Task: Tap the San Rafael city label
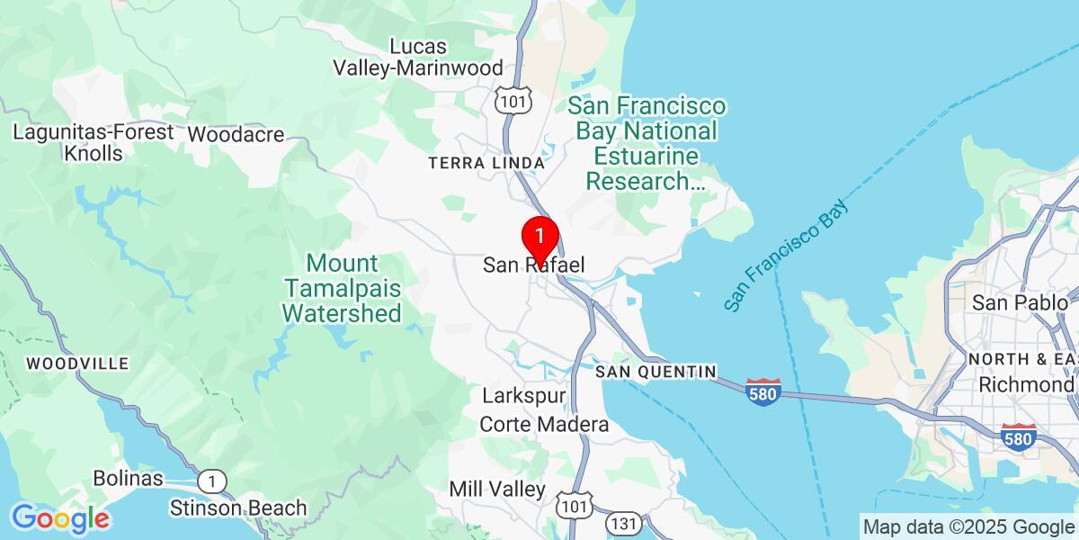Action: [x=534, y=265]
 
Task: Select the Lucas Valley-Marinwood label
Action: [x=418, y=57]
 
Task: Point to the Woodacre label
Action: [x=236, y=135]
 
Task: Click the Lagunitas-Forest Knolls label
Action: [x=94, y=142]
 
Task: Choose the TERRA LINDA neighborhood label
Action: [x=486, y=163]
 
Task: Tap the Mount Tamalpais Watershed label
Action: [x=342, y=289]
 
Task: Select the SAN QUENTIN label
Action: [x=655, y=372]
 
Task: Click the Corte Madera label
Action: [x=544, y=424]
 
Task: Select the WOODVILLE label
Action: [x=77, y=364]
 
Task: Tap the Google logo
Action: [x=60, y=518]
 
